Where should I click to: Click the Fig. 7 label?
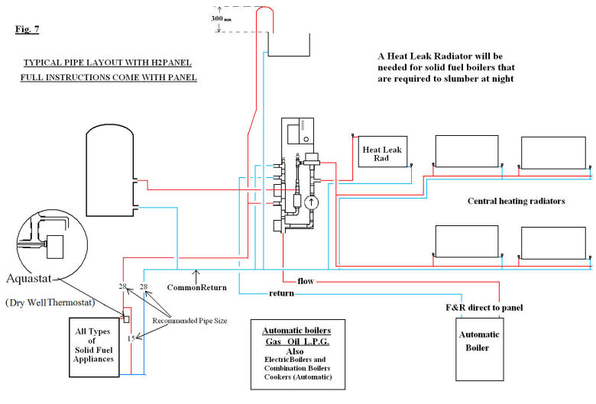coord(27,30)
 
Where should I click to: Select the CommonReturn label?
coord(194,288)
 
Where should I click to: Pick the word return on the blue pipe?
coord(282,293)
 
